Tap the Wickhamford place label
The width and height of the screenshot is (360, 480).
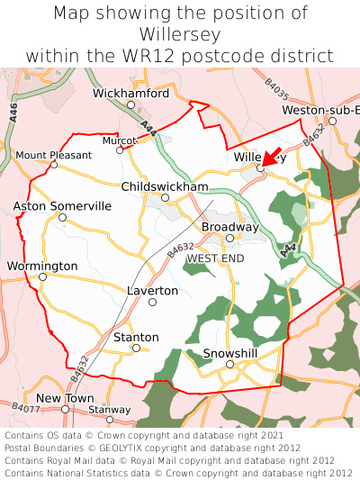coord(130,93)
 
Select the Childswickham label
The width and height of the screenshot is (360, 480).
coord(165,186)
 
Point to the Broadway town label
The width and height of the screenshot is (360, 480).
coord(229,226)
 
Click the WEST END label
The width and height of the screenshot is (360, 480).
coord(215,258)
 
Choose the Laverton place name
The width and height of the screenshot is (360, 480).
coord(152,291)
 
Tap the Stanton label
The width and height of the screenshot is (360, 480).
coord(137,337)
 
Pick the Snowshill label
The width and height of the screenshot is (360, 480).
coord(230,352)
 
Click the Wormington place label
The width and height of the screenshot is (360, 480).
coord(42,266)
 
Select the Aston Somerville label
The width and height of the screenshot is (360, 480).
coord(62,206)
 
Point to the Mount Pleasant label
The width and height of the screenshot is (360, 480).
coord(54,155)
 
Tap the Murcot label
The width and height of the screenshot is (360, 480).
coord(119,140)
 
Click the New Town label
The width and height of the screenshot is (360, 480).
coord(65,397)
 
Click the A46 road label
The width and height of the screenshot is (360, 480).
coord(13,112)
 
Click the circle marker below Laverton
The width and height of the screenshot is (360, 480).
coord(152,302)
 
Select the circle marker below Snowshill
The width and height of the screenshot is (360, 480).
coord(229,364)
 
